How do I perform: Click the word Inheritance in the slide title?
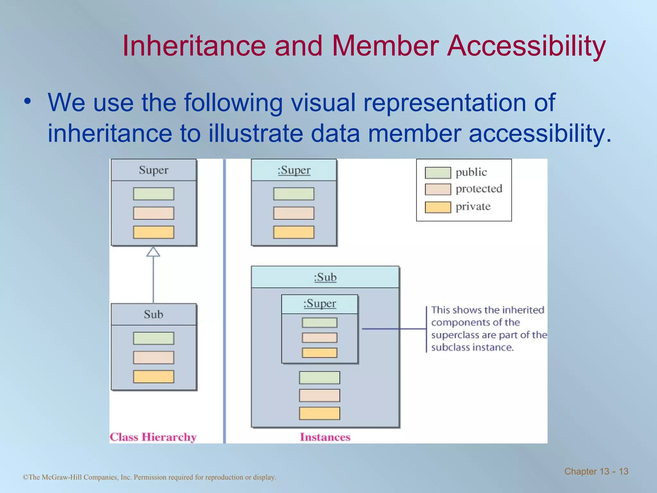194,46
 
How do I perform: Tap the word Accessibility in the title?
526,46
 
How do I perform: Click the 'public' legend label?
471,172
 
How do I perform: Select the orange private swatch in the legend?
438,207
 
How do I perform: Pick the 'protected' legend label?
479,189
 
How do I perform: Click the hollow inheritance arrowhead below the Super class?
153,252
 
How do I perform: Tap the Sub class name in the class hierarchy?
153,314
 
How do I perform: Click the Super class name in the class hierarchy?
153,170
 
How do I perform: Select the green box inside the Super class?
154,194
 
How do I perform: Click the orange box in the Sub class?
154,376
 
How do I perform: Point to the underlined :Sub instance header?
325,277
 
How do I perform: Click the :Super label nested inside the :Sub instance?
320,303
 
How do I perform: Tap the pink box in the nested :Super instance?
320,338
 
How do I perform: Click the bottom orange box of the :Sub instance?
320,413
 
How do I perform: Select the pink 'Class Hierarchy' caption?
153,437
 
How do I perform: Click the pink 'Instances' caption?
325,437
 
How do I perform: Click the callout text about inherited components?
488,328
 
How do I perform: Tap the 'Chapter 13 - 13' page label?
596,471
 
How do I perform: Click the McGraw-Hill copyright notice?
149,477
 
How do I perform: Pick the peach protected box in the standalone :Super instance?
294,213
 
